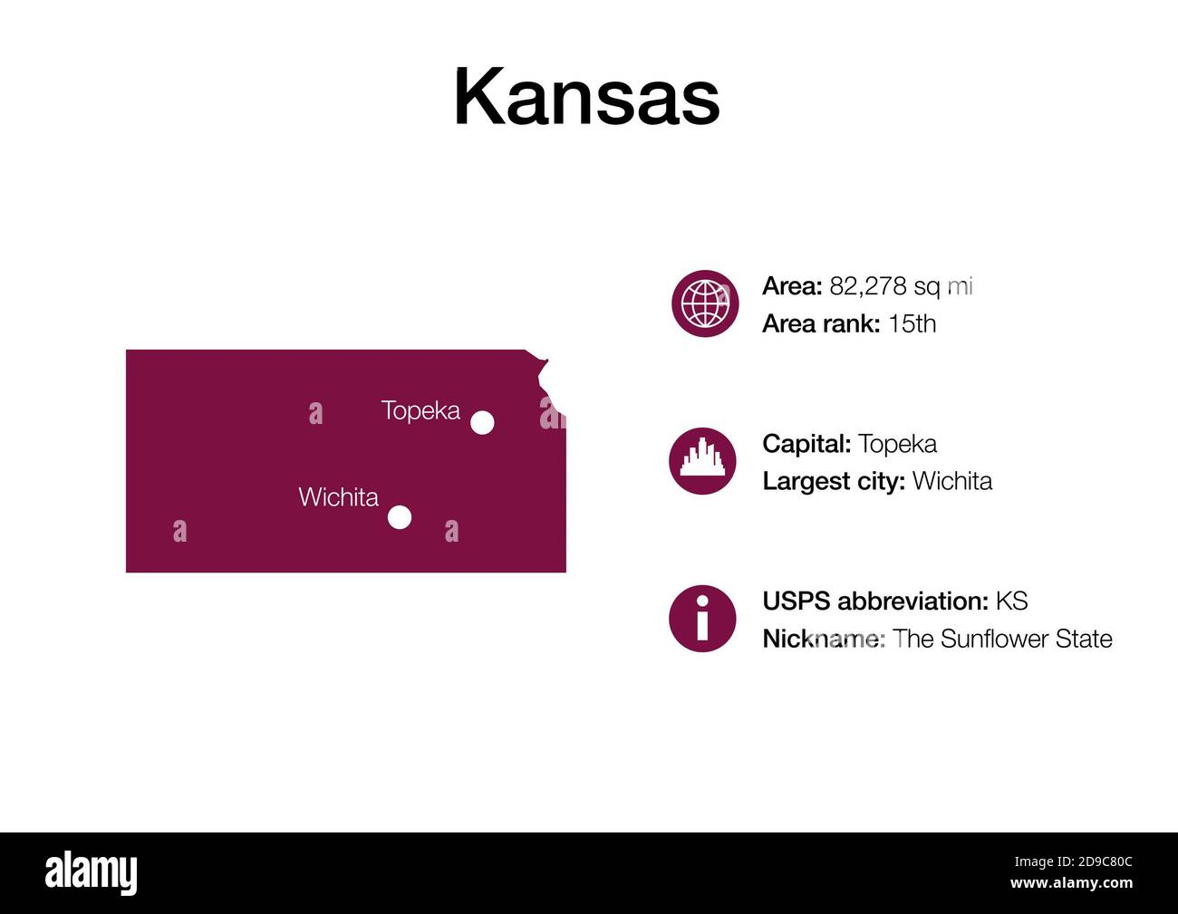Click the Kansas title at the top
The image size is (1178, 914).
coord(586,97)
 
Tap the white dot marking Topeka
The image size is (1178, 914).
coord(482,422)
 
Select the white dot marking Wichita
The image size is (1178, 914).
coord(400,517)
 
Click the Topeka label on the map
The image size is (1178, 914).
coord(420,410)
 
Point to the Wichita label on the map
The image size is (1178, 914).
coord(338,497)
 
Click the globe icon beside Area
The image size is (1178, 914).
coord(705,303)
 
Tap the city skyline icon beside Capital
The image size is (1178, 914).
coord(702,461)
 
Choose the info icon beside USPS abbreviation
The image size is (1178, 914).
coord(702,619)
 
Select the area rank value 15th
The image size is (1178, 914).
coord(912,323)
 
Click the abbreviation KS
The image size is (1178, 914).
coord(1011,601)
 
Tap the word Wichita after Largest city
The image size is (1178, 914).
coord(951,481)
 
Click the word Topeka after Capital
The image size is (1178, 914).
coord(897,444)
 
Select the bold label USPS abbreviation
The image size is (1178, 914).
coord(874,601)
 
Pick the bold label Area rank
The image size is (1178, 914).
coord(821,323)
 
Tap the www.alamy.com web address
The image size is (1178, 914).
coord(1071,883)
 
